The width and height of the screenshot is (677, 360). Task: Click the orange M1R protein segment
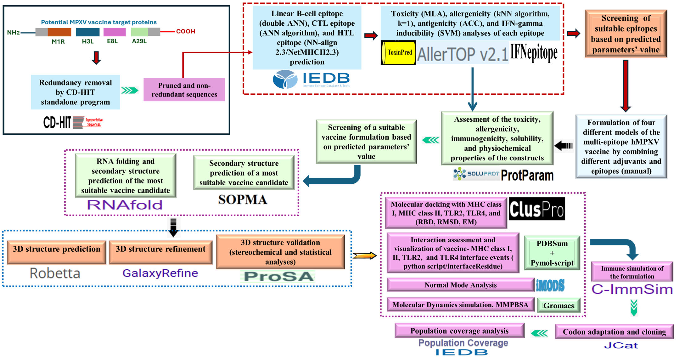pyautogui.click(x=59, y=32)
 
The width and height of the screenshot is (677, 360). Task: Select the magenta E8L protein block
pyautogui.click(x=114, y=32)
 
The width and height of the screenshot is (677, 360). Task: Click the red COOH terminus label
pyautogui.click(x=186, y=31)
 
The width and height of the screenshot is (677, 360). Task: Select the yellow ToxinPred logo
pyautogui.click(x=398, y=52)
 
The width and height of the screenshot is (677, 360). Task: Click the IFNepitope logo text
pyautogui.click(x=534, y=53)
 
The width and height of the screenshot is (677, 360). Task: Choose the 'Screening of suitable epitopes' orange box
pyautogui.click(x=626, y=34)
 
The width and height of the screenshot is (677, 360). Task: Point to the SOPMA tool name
pyautogui.click(x=242, y=200)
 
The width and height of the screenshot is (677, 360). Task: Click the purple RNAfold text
pyautogui.click(x=125, y=205)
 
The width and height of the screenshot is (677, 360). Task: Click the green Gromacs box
pyautogui.click(x=558, y=305)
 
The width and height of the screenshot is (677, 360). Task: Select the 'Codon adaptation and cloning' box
pyautogui.click(x=614, y=332)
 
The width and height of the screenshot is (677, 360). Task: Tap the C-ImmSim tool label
pyautogui.click(x=632, y=289)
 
